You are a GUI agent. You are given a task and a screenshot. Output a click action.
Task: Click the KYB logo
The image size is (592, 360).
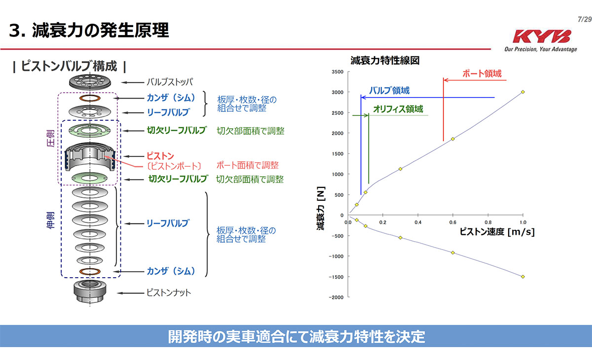point(541,37)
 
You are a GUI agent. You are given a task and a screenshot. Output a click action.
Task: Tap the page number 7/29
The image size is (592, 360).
point(584,19)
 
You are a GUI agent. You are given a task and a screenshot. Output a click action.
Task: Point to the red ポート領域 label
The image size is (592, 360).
point(481,73)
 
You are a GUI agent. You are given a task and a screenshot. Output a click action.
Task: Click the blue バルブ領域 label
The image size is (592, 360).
point(389,91)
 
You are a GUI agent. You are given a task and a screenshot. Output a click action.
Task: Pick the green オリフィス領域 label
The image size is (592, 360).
point(398,109)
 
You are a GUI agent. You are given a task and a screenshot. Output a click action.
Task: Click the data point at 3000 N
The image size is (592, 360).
point(522,92)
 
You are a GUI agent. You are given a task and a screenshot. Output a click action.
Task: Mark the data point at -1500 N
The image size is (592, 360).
point(522,277)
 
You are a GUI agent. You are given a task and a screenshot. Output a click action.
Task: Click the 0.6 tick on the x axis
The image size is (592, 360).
point(452,222)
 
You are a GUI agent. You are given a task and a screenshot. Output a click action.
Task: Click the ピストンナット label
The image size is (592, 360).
point(168,293)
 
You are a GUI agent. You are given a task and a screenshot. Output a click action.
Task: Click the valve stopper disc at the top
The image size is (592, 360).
point(89,82)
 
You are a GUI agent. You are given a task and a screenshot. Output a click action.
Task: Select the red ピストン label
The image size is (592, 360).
point(160,156)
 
